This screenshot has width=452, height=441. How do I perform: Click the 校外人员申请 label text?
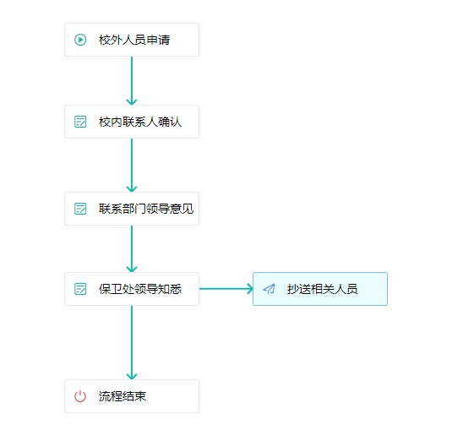click(x=134, y=40)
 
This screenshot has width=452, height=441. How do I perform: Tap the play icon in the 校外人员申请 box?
click(x=80, y=40)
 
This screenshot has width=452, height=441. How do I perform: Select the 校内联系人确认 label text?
click(x=140, y=122)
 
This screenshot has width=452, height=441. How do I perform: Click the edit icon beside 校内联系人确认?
click(x=80, y=122)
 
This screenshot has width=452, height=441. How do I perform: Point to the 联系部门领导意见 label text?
click(x=146, y=209)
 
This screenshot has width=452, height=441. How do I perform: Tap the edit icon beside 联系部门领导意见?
click(x=80, y=209)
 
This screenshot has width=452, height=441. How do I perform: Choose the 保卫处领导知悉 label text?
click(x=140, y=289)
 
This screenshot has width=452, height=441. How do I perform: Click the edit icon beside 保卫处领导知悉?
click(x=80, y=289)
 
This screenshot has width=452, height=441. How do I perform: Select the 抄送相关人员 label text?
click(x=322, y=289)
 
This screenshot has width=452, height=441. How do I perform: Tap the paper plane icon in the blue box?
click(x=269, y=289)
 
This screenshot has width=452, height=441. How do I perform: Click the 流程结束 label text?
click(x=123, y=396)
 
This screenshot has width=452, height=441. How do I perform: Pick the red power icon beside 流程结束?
click(x=80, y=396)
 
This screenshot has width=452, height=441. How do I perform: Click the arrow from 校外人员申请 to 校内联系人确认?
click(x=132, y=81)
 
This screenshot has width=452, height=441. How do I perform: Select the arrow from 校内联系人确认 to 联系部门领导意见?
click(x=132, y=165)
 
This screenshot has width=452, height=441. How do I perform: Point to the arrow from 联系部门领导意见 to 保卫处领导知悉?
click(x=132, y=248)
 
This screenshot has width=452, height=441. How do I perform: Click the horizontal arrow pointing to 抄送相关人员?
click(x=226, y=289)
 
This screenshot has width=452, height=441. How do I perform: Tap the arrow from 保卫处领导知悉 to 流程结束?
click(x=132, y=343)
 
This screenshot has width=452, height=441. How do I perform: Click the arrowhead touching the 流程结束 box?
click(x=132, y=376)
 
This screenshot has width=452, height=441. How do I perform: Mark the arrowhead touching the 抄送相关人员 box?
click(x=250, y=289)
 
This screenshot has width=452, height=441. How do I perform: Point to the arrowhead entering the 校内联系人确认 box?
click(x=132, y=101)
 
